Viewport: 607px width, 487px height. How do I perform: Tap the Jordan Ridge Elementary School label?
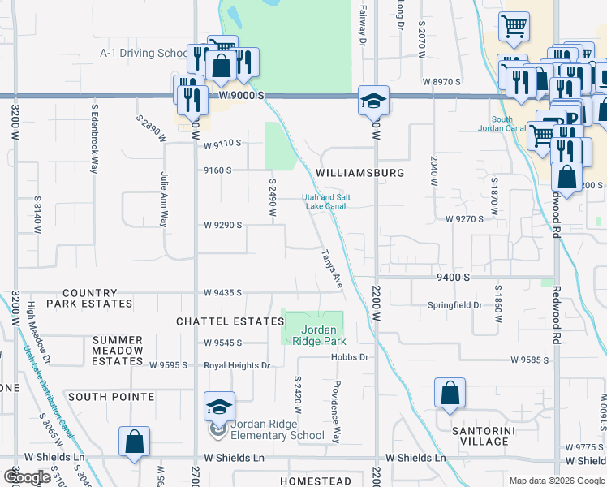point(278,429)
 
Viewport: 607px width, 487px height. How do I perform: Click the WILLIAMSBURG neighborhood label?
point(360,173)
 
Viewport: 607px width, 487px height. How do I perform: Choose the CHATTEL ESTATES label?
point(230,321)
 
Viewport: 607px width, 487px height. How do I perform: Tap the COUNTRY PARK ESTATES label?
point(89,298)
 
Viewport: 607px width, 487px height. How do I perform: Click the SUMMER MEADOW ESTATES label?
point(118,351)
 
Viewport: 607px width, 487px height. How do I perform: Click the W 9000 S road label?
point(241,95)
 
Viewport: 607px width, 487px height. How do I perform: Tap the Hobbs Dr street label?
point(351,357)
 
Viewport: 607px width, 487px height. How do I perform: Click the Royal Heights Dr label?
point(237,366)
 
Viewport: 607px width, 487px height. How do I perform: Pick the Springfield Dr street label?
point(455,306)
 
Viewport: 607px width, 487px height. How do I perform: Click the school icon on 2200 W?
point(373,101)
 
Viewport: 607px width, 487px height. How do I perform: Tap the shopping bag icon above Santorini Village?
point(450,394)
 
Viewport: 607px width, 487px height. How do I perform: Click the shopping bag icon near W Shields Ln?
point(134,442)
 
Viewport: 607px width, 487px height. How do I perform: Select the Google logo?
point(27,477)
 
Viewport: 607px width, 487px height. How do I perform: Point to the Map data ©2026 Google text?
point(556,481)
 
